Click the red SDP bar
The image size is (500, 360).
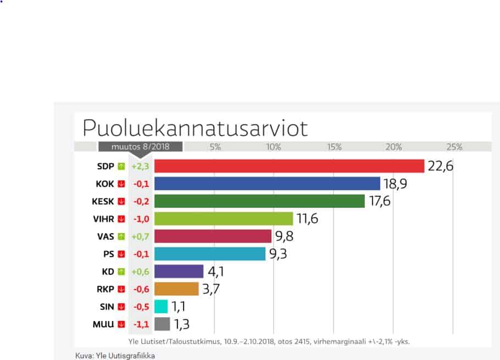click(289, 166)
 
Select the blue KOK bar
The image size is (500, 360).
click(267, 184)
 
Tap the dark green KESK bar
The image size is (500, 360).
click(259, 201)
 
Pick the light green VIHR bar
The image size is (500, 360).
click(224, 219)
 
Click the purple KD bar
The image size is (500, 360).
click(179, 272)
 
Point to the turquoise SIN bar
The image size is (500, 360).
click(161, 307)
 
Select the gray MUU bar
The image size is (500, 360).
click(162, 324)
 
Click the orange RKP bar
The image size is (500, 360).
click(176, 289)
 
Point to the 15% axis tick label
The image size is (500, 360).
click(334, 147)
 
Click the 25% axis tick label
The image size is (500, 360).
click(454, 147)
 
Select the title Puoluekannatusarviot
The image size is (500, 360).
click(195, 128)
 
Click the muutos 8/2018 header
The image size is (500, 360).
click(141, 147)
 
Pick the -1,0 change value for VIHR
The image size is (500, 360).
click(141, 219)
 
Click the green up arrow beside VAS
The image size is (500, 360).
click(121, 236)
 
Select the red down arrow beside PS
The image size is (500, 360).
click(121, 254)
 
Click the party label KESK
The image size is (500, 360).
click(103, 201)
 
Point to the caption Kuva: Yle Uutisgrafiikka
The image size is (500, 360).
click(115, 356)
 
